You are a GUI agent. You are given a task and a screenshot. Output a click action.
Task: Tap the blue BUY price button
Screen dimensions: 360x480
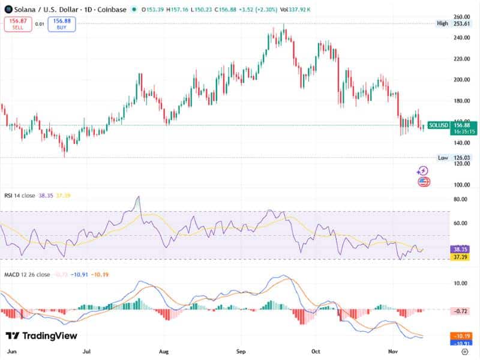click(x=58, y=24)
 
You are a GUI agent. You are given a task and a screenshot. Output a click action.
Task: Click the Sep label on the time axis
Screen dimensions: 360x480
click(x=241, y=351)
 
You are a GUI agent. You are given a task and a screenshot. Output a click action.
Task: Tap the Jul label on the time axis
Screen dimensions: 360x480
click(x=87, y=351)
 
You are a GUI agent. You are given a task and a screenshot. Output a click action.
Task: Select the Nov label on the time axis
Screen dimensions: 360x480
click(x=393, y=351)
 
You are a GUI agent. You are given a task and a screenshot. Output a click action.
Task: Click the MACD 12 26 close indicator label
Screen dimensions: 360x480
click(x=28, y=274)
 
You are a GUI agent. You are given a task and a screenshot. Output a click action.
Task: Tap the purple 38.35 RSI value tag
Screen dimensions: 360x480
click(x=460, y=248)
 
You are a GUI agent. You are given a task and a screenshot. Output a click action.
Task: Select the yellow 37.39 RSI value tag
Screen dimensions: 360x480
click(x=460, y=257)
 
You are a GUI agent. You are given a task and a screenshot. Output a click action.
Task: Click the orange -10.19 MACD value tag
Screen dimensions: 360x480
click(x=460, y=336)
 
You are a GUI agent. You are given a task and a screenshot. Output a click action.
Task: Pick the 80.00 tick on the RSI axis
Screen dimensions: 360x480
click(x=461, y=199)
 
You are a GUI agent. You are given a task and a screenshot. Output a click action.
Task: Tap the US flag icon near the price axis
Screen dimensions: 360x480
click(x=424, y=181)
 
